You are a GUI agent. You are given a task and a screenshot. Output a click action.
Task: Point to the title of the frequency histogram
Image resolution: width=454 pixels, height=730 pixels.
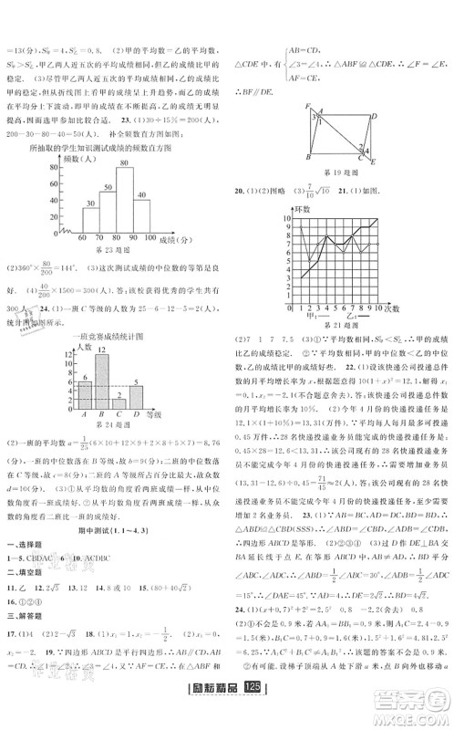click(x=112, y=146)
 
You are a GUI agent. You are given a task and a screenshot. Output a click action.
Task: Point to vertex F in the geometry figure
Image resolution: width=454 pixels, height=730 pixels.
click(x=309, y=103)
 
